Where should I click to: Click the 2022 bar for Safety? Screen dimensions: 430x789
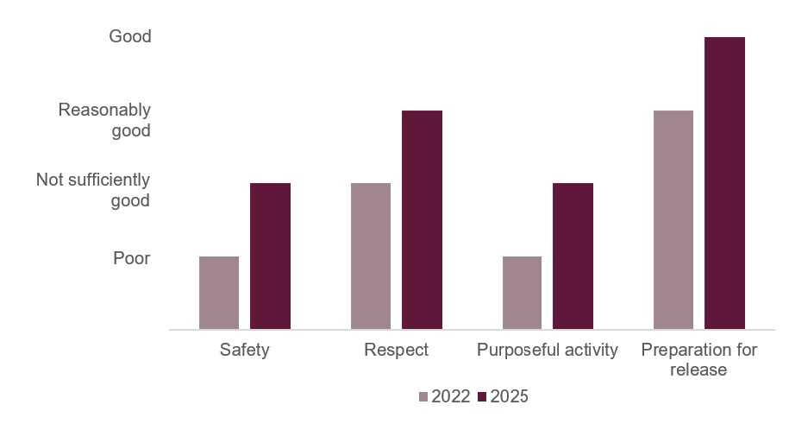tap(219, 293)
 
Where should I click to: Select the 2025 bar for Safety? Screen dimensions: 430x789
tap(270, 256)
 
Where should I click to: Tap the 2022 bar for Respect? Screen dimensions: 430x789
tap(371, 256)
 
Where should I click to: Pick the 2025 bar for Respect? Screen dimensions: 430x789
tap(422, 220)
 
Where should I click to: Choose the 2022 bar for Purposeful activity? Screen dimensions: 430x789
tap(522, 293)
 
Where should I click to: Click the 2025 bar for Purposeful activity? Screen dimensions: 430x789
tap(573, 256)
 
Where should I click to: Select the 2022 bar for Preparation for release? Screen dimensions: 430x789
tap(673, 220)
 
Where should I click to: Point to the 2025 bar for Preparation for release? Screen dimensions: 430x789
tap(724, 183)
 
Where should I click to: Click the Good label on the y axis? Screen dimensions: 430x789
tap(129, 37)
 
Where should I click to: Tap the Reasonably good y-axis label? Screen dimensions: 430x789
tap(104, 121)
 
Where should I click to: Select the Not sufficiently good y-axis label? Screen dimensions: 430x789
tap(93, 190)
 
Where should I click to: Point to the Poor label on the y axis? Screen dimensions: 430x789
tap(131, 257)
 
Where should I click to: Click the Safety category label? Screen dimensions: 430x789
tap(244, 351)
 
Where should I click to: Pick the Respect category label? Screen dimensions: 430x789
tap(396, 351)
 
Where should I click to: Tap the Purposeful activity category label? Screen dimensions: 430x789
tap(548, 351)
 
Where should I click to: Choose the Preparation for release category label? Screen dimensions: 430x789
tap(698, 360)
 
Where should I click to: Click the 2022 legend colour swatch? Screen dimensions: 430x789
tap(423, 397)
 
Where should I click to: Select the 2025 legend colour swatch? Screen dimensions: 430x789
tap(483, 397)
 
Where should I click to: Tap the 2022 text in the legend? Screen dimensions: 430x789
tap(451, 397)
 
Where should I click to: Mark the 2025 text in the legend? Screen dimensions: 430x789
tap(509, 397)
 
